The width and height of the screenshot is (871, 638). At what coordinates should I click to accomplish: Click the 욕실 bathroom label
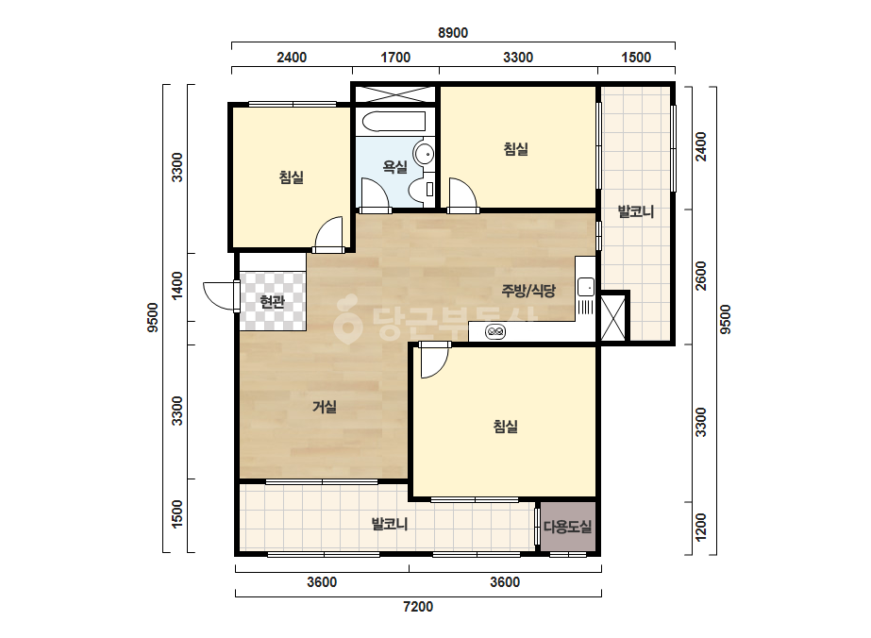395,167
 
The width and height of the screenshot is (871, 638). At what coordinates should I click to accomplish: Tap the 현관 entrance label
272,302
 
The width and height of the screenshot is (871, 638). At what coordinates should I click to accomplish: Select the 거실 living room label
325,407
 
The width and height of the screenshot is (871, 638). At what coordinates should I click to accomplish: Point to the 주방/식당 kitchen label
528,290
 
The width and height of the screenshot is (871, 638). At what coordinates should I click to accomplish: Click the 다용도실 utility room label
568,527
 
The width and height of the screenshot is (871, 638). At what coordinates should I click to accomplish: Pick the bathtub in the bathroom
394,122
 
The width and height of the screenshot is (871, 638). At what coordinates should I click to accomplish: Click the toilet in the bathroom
422,190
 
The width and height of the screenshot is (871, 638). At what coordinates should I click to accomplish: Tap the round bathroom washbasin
425,153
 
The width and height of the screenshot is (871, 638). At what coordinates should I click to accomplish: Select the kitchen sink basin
585,287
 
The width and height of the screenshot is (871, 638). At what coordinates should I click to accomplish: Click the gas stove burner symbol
494,332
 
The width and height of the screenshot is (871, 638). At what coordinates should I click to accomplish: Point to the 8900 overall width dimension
453,33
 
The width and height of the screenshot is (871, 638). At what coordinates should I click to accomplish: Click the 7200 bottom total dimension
418,606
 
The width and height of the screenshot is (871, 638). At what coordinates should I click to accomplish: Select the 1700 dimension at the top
395,58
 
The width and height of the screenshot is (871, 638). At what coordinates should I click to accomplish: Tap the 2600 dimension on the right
701,276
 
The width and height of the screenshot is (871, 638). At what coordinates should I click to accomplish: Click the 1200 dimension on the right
701,527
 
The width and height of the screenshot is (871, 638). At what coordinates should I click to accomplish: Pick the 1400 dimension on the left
177,285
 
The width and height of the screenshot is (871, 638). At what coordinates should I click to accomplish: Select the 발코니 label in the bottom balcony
390,524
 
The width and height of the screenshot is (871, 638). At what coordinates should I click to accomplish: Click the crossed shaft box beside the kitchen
613,317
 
